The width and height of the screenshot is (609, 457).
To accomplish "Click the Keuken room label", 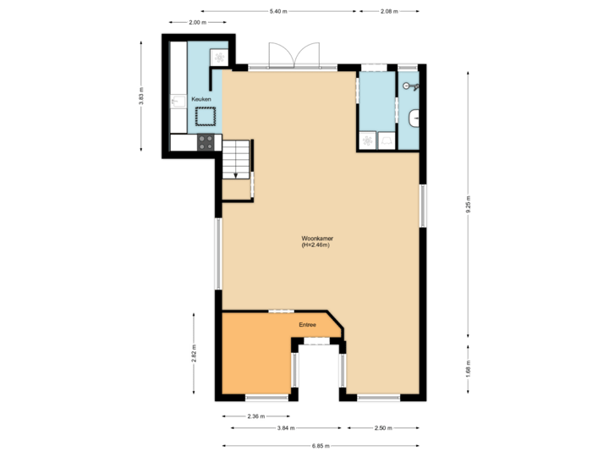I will (201, 100).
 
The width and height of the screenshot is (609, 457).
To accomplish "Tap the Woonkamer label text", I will (315, 242).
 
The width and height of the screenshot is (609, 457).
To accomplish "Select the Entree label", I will (307, 325).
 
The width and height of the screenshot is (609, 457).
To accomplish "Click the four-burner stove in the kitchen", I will (206, 143).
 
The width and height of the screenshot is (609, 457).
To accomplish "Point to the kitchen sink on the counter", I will (178, 102).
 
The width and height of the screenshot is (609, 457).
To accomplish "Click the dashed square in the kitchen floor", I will (207, 118).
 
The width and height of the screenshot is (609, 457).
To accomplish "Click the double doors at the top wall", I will (293, 54).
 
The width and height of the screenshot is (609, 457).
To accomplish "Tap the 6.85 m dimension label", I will (321, 445).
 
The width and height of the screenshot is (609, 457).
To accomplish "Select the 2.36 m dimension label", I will (255, 416).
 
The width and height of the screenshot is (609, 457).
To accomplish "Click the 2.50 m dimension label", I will (383, 428).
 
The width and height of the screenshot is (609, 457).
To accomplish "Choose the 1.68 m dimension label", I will (468, 368).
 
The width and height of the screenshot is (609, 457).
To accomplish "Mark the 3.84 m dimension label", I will (287, 428).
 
